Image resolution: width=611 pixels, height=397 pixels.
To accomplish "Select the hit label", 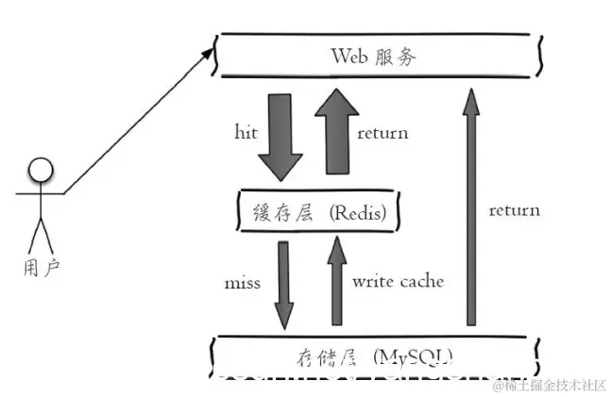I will coord(246,131).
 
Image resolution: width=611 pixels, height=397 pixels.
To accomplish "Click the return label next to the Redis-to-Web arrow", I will coord(382,133).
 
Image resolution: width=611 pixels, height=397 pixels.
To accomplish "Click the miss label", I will coord(243,282).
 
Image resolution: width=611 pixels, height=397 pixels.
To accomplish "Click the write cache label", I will coord(398,281).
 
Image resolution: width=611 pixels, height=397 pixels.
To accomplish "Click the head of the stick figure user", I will coord(40,172).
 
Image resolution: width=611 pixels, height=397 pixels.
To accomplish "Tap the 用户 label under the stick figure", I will coord(40,267).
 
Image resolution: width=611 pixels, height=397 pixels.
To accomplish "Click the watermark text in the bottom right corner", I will coord(549,384).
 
